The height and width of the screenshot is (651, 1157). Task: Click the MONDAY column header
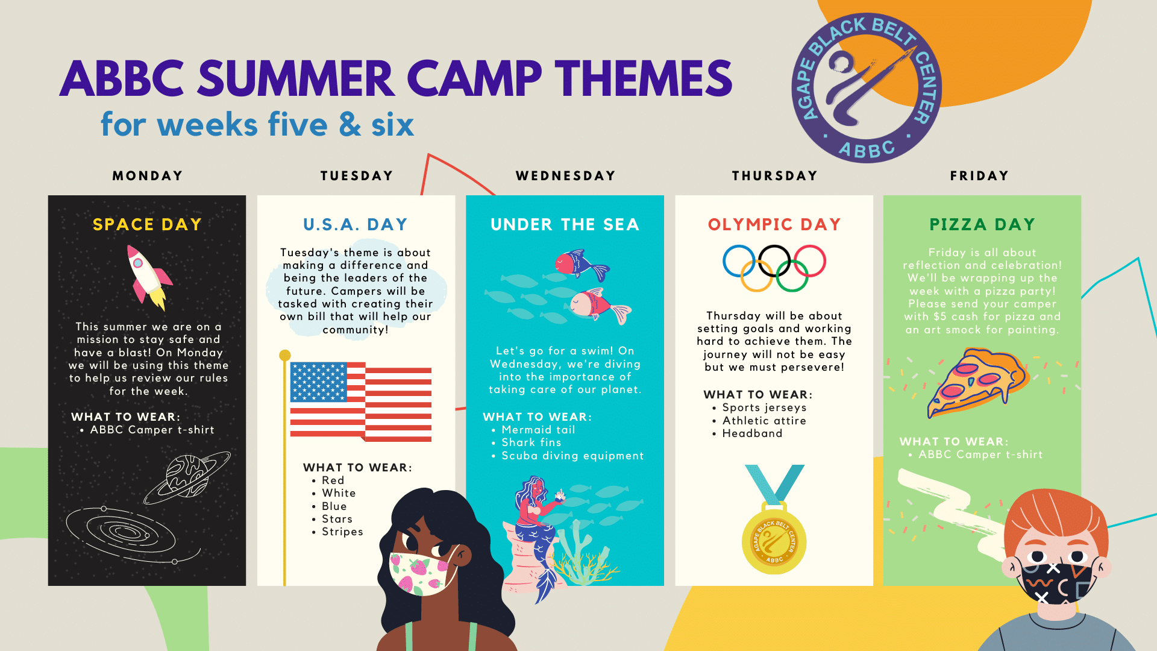coord(148,176)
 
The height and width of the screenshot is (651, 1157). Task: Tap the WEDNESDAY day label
coord(565,176)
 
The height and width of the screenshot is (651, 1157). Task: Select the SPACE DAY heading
coord(147,224)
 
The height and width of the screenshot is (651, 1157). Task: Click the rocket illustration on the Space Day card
coord(149,277)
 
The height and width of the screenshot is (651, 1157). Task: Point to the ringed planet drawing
coord(187,477)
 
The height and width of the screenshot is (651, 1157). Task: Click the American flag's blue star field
coord(319,382)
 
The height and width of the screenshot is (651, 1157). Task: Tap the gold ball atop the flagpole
coord(285,356)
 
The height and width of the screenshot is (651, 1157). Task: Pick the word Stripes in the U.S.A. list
coord(342,532)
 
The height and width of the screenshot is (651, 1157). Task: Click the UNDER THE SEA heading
coord(565,224)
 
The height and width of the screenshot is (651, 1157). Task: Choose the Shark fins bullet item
coord(531,442)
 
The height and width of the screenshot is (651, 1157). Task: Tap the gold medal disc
coord(774,541)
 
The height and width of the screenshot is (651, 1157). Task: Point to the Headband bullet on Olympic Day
coord(752,433)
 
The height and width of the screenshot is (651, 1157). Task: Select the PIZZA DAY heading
coord(982,224)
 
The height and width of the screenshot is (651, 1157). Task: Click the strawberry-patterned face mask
coord(422,573)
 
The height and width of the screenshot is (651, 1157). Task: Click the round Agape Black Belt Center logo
coord(867,88)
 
